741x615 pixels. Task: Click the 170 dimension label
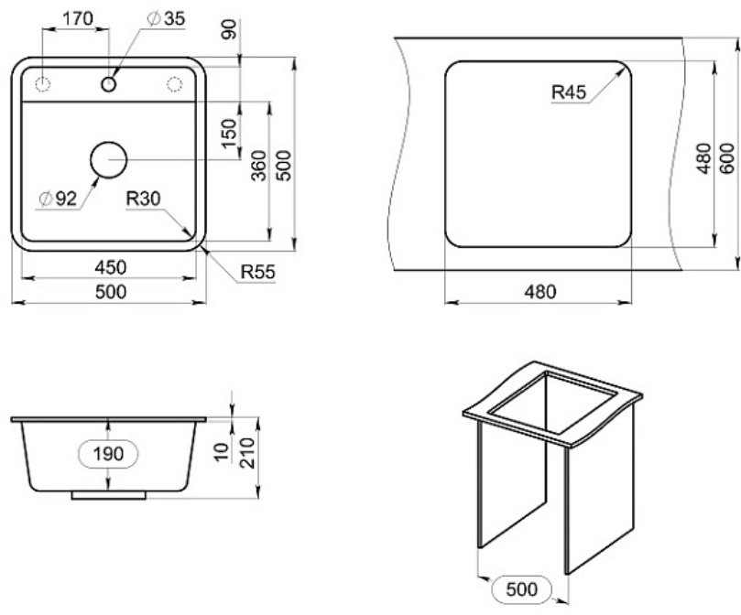click(78, 18)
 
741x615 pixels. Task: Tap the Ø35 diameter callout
click(166, 18)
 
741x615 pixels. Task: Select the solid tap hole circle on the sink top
click(109, 84)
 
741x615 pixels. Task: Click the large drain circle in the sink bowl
click(109, 159)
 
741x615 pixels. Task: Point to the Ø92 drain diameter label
click(58, 199)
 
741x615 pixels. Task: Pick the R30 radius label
click(143, 199)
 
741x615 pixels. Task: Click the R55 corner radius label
click(258, 272)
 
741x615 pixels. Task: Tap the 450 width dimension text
click(111, 267)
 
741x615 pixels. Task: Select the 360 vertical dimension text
click(259, 166)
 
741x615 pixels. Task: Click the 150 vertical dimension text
click(229, 134)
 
